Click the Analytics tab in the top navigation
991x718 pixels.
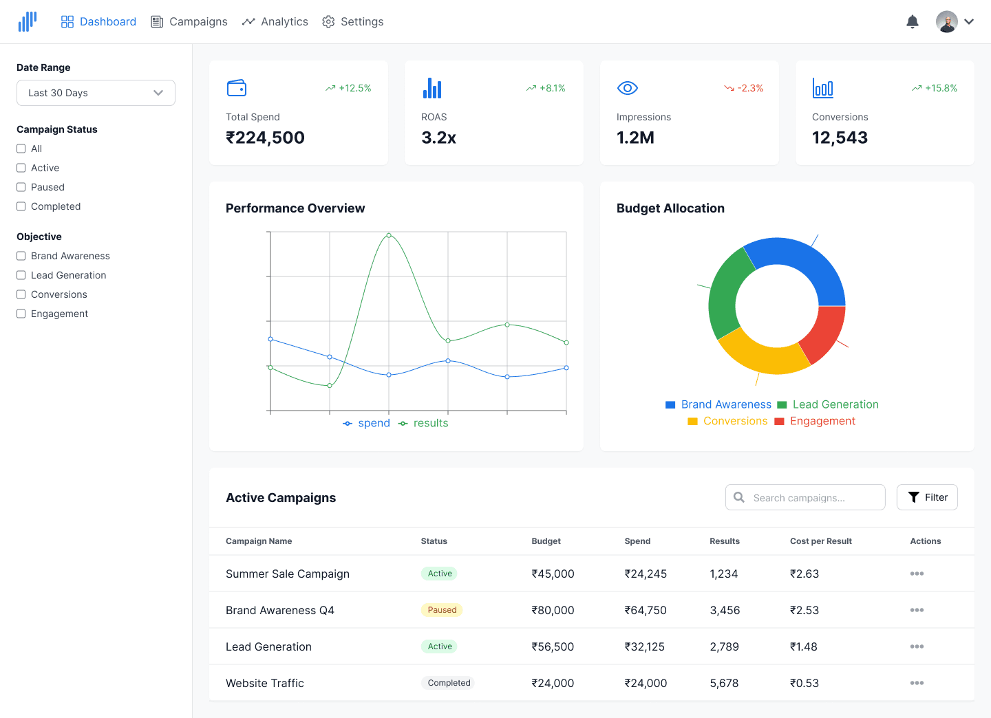(275, 22)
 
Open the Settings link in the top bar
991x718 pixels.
(352, 22)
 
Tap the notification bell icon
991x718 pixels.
(913, 22)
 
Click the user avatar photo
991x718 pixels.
(947, 22)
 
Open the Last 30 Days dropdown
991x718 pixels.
(96, 93)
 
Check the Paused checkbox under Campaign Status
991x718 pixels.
(21, 187)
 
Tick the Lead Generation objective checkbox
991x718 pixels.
(21, 275)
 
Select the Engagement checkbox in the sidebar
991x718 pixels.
(21, 314)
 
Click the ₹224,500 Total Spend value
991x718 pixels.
(265, 138)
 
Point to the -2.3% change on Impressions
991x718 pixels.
(743, 88)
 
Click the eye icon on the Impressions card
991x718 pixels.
(628, 88)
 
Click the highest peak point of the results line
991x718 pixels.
(388, 235)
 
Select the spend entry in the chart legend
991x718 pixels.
(366, 423)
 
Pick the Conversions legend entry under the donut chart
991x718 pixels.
(727, 421)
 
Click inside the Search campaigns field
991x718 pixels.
(805, 497)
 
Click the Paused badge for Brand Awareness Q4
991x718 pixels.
(442, 610)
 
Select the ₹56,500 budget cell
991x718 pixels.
(553, 646)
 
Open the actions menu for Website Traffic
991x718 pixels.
(917, 683)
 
